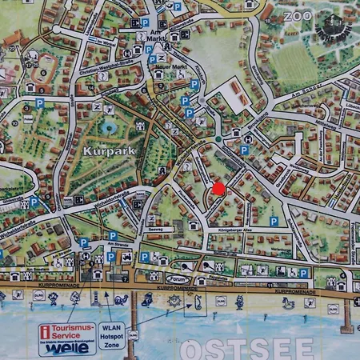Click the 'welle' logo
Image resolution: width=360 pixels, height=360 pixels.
point(66,348)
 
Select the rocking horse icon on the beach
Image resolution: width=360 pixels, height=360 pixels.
point(288,303)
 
